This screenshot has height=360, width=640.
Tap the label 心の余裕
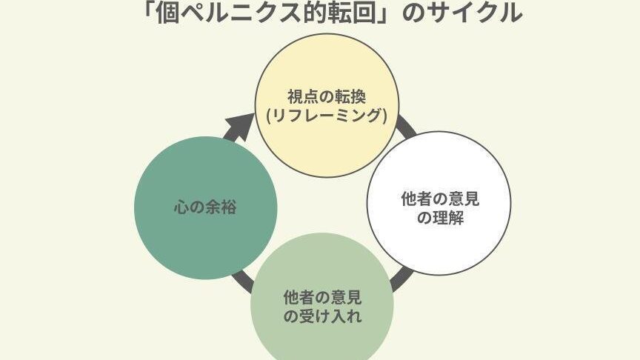pyautogui.click(x=206, y=207)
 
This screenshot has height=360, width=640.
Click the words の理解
pyautogui.click(x=440, y=219)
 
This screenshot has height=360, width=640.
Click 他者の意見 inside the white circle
pyautogui.click(x=440, y=199)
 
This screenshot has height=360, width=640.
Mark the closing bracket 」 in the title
pyautogui.click(x=384, y=12)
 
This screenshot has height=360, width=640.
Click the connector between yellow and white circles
pyautogui.click(x=405, y=128)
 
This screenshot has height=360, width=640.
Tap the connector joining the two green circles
pyautogui.click(x=241, y=281)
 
